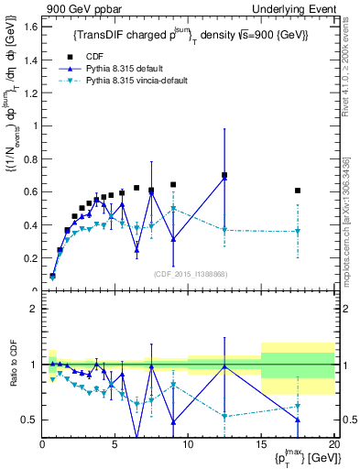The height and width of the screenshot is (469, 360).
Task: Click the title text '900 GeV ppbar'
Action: point(75,8)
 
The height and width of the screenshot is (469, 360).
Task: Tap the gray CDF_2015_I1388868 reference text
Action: point(189,273)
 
